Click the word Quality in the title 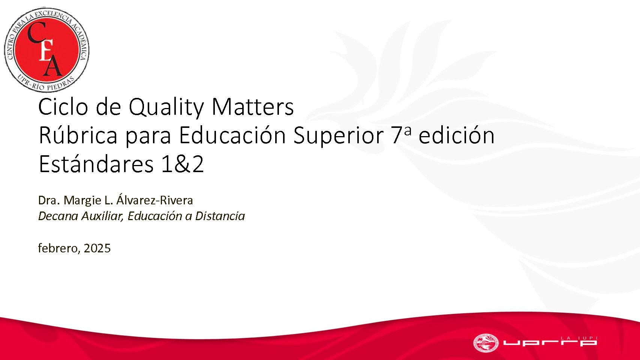166,107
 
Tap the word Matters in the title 253,107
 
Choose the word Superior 339,136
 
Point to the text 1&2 183,165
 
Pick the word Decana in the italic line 58,216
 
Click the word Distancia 220,216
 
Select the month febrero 58,248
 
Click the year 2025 97,248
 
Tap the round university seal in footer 486,343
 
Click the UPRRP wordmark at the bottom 550,342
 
